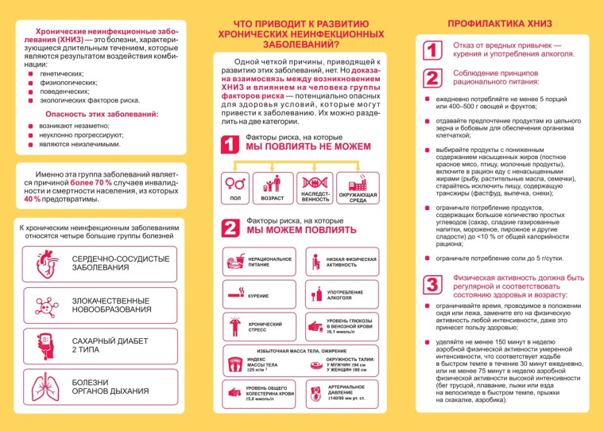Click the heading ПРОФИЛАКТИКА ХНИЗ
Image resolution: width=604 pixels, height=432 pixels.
[500, 24]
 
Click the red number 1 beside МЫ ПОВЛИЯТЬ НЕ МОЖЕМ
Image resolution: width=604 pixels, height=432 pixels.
[230, 146]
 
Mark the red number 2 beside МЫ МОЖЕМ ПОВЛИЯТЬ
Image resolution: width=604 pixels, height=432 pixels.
[230, 227]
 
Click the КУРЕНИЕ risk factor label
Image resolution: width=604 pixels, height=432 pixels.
[258, 295]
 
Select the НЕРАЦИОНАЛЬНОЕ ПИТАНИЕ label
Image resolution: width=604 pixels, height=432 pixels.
[269, 263]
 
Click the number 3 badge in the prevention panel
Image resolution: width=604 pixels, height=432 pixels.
[431, 286]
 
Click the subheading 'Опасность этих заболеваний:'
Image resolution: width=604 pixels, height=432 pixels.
[102, 115]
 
